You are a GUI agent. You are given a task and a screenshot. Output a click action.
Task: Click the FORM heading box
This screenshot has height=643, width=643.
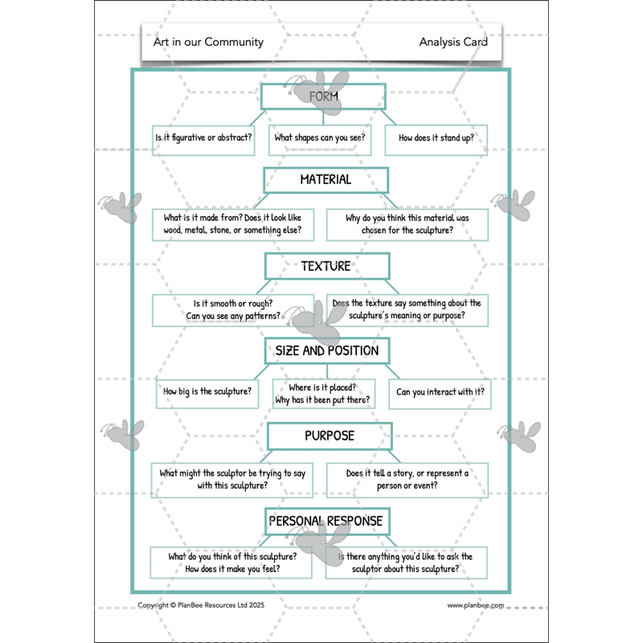pyautogui.click(x=324, y=96)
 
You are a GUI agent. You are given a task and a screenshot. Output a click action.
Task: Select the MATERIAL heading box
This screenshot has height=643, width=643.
pyautogui.click(x=326, y=180)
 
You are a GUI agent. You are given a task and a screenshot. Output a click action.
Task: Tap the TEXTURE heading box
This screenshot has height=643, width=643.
pyautogui.click(x=326, y=266)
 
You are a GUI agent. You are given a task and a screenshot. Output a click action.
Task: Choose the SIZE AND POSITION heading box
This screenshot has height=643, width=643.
pyautogui.click(x=327, y=350)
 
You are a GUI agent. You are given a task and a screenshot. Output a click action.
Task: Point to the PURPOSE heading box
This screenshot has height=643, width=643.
pyautogui.click(x=330, y=436)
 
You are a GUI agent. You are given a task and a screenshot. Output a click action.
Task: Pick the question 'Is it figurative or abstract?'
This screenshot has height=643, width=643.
pyautogui.click(x=203, y=138)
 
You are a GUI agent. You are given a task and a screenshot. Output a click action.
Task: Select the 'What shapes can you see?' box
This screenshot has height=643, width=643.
pyautogui.click(x=320, y=138)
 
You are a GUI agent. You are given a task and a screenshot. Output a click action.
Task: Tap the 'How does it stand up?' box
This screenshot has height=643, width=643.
pyautogui.click(x=436, y=138)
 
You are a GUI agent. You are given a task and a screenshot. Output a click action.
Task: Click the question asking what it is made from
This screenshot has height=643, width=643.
pyautogui.click(x=232, y=224)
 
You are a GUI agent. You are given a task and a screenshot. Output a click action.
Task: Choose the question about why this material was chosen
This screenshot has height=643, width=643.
pyautogui.click(x=407, y=224)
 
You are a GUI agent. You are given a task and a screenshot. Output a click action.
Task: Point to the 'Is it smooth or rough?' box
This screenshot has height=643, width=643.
pyautogui.click(x=232, y=309)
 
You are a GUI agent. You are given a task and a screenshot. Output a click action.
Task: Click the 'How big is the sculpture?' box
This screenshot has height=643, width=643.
pyautogui.click(x=207, y=392)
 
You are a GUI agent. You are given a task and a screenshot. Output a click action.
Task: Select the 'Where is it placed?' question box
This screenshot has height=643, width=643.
pyautogui.click(x=323, y=393)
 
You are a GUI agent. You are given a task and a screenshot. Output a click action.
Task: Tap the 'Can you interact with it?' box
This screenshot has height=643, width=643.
pyautogui.click(x=440, y=393)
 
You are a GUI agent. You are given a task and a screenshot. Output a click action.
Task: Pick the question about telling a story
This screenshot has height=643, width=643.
pyautogui.click(x=407, y=479)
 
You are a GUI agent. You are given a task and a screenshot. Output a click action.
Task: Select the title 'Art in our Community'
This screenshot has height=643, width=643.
pyautogui.click(x=208, y=42)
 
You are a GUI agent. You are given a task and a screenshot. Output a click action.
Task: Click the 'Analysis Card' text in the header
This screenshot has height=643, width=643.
pyautogui.click(x=453, y=42)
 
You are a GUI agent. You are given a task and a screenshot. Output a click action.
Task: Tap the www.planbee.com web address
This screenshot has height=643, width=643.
pyautogui.click(x=475, y=605)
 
